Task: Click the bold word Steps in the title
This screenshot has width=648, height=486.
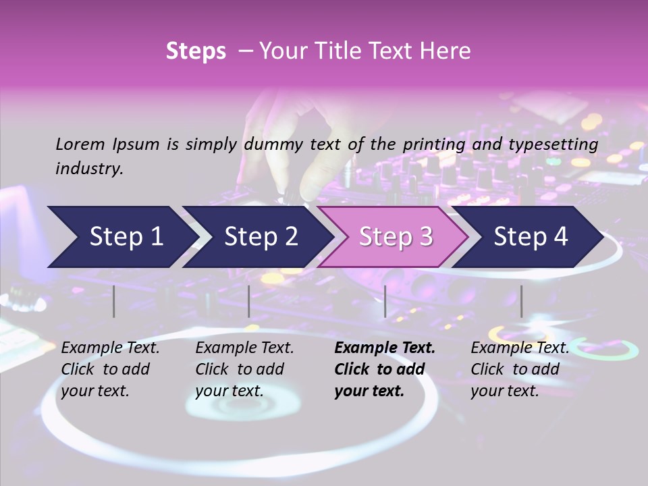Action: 196,51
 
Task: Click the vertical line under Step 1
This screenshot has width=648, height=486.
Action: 114,301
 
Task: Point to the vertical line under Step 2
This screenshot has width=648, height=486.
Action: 249,301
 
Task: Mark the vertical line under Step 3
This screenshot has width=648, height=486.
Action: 385,301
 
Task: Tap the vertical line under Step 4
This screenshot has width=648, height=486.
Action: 521,301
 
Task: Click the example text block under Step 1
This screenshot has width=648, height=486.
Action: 110,369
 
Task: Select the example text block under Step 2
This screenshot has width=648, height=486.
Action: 244,369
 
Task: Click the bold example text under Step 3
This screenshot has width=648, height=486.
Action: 385,369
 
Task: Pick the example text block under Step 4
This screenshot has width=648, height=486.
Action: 520,369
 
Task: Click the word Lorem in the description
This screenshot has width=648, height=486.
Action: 80,144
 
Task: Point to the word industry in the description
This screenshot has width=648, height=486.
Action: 88,169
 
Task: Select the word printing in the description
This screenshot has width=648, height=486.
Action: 432,144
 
